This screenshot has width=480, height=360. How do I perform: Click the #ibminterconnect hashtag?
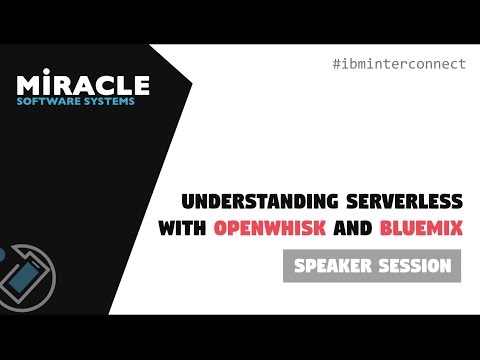tap(398, 64)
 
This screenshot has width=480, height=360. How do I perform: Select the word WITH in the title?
tap(183, 228)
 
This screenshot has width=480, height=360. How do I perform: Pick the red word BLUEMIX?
tap(422, 228)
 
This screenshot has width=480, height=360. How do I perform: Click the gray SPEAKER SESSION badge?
tap(371, 266)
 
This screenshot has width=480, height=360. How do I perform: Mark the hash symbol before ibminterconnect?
tap(335, 64)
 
